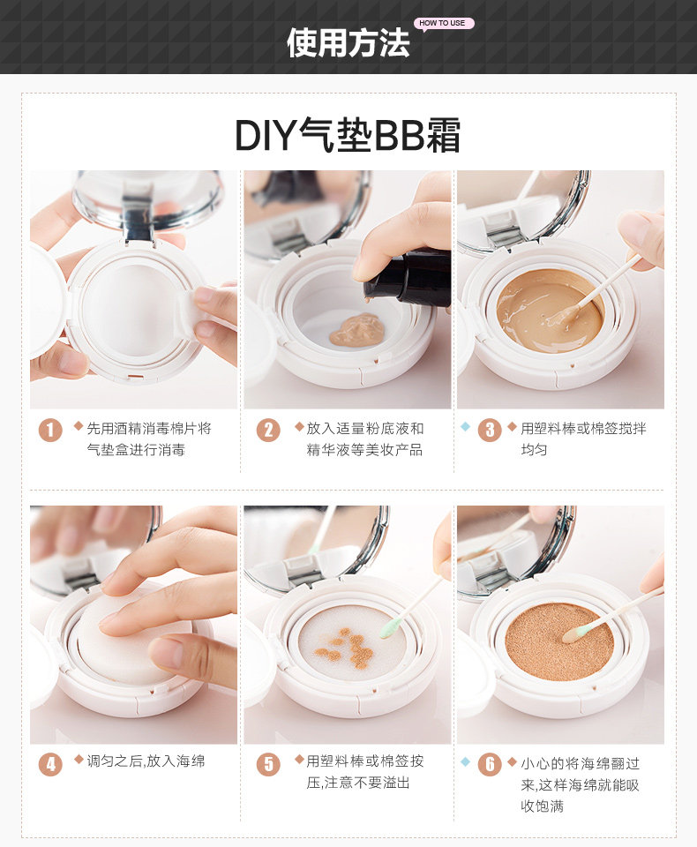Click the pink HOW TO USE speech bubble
(444, 24)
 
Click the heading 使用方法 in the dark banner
(348, 42)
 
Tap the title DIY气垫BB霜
(348, 136)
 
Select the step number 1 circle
(50, 430)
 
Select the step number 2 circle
(268, 430)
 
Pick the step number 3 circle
(490, 430)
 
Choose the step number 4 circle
(50, 764)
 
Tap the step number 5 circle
(268, 764)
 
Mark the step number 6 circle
(490, 764)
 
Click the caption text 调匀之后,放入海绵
(146, 761)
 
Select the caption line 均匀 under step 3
(534, 449)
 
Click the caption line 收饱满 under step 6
(542, 806)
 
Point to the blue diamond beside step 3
(465, 427)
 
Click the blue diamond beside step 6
(465, 761)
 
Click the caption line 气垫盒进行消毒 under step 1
(136, 449)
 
